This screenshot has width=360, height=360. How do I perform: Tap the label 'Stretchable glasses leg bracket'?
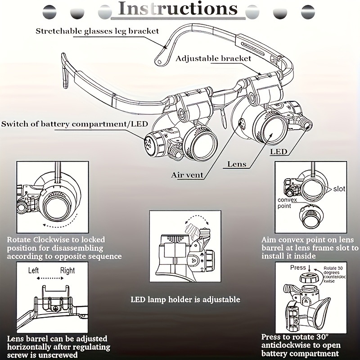(98, 31)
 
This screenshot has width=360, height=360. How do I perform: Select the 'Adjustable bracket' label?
(213, 58)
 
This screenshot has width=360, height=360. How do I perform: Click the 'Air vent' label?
(187, 175)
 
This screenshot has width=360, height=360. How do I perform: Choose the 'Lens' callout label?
(236, 164)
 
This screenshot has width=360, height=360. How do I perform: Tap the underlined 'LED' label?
(279, 152)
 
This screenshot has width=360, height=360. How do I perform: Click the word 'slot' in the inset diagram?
(339, 189)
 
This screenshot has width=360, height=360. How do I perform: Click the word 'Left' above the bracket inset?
(36, 271)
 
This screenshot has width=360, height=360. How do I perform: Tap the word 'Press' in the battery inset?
(298, 267)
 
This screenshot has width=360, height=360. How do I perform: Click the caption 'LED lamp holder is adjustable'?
(185, 299)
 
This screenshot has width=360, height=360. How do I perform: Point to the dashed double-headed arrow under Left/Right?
(52, 279)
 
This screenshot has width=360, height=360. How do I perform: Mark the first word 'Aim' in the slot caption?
(269, 240)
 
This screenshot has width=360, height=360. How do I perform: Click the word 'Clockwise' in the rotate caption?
(52, 240)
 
